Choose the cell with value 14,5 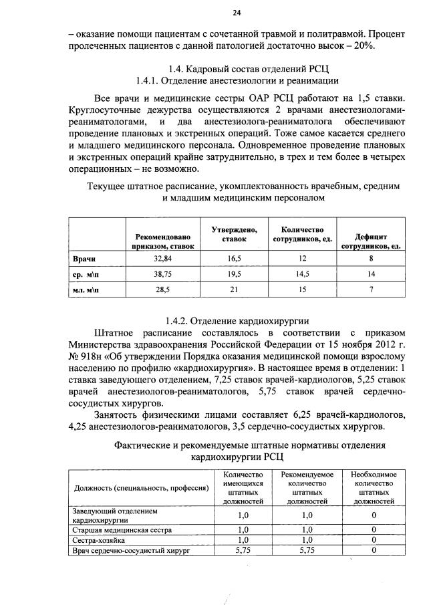302,273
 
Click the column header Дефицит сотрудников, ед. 371,241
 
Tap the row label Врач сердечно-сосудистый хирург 132,550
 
